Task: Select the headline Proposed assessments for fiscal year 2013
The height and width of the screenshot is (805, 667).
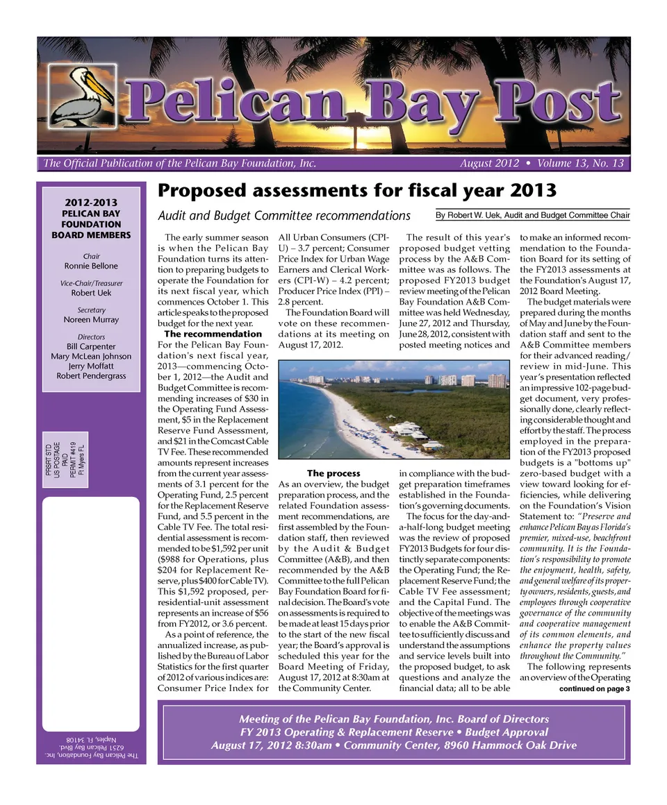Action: click(x=357, y=189)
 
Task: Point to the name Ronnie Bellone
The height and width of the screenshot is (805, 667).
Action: click(x=91, y=266)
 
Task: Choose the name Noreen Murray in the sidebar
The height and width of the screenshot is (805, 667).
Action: click(x=91, y=320)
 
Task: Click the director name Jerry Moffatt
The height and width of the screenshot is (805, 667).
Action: click(x=91, y=366)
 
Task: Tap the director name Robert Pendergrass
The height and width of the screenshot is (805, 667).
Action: click(x=91, y=376)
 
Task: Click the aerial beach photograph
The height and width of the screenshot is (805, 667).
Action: click(x=393, y=409)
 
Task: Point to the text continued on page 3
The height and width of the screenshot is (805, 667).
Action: click(x=594, y=689)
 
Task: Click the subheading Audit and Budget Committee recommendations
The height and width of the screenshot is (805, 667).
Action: click(x=284, y=215)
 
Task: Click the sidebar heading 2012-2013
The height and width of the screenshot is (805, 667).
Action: click(x=91, y=203)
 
